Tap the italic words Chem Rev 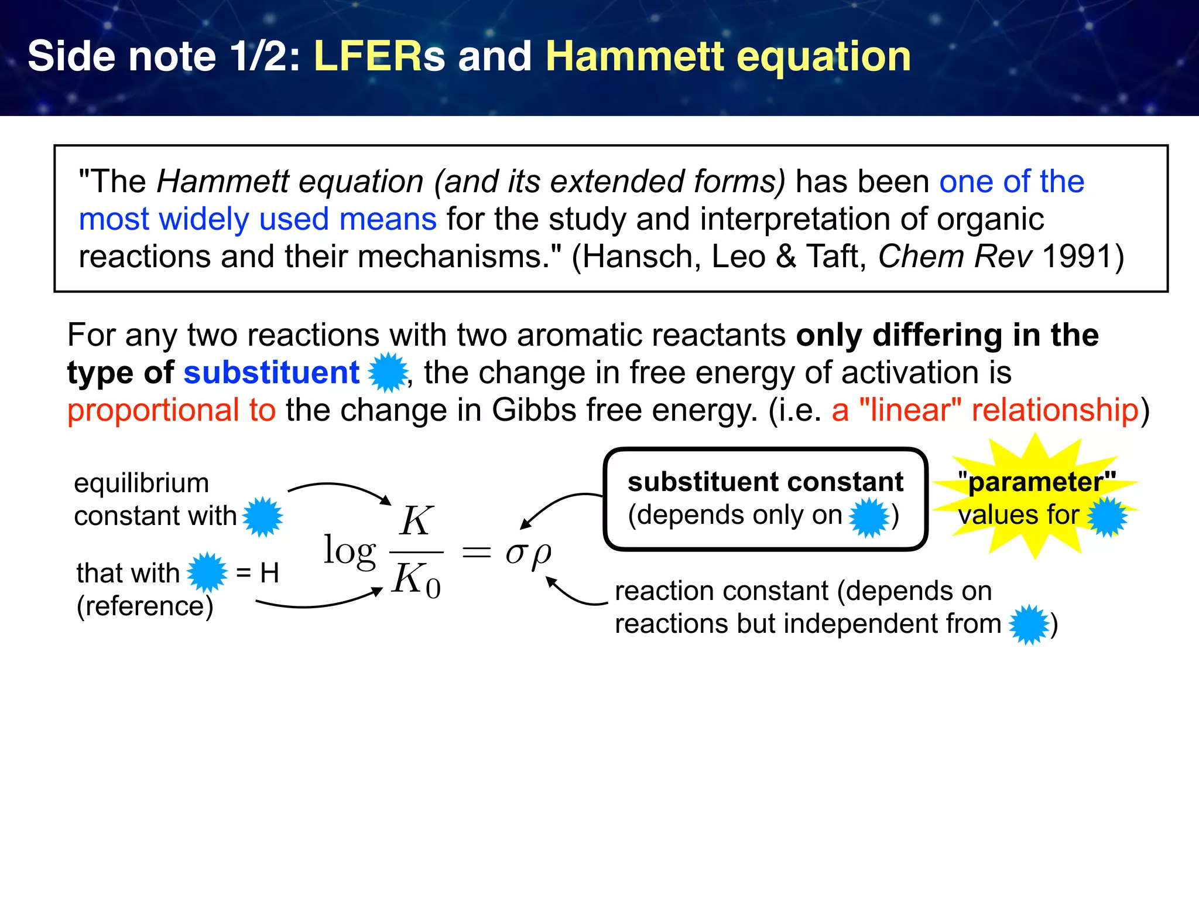955,257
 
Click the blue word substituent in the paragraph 271,373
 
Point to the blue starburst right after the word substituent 388,373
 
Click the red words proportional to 171,410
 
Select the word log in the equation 350,551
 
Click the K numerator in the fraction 416,521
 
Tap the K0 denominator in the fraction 416,581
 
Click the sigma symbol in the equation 516,552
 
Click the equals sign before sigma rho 476,552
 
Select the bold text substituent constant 765,482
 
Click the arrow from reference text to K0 319,602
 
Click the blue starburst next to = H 207,572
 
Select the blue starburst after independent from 1029,625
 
